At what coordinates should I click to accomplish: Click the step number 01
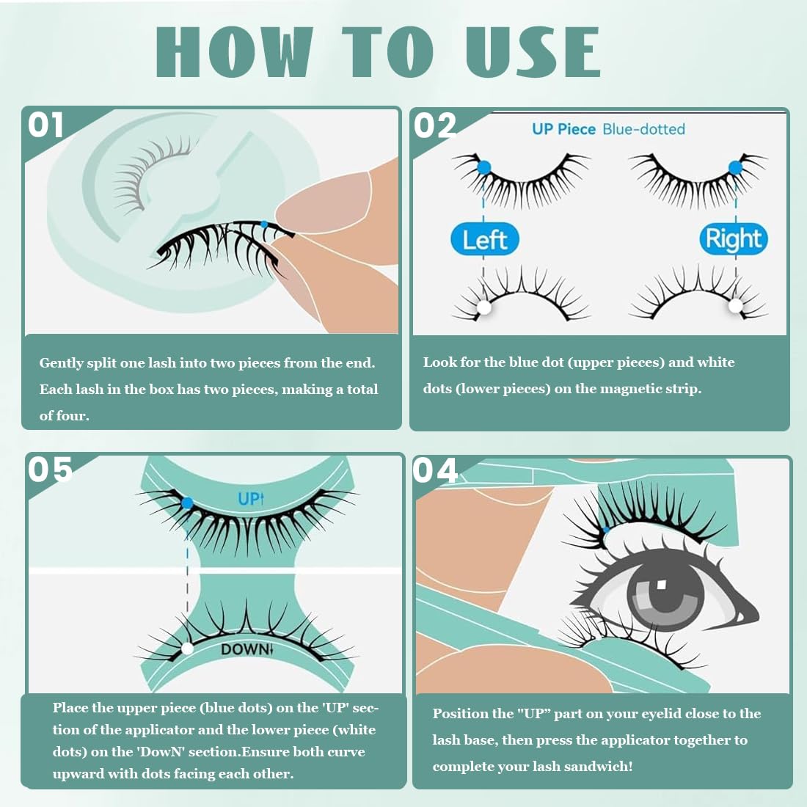pos(45,125)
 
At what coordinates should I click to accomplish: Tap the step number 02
pos(435,125)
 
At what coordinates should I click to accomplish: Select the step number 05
pos(50,470)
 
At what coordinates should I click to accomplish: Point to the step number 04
pos(435,470)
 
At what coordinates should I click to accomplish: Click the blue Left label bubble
pos(484,239)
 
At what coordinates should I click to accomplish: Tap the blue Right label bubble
pos(734,239)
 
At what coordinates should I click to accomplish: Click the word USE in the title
pos(533,53)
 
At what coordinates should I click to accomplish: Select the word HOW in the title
pos(235,53)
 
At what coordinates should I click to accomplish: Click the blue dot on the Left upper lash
pos(483,167)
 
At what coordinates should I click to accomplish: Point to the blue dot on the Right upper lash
pos(735,167)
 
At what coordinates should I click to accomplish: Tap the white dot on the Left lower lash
pos(483,307)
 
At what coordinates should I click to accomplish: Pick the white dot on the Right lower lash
pos(735,306)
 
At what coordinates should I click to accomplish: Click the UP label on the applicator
pos(251,498)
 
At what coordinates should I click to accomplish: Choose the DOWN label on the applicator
pos(247,649)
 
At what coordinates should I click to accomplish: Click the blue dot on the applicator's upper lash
pos(187,503)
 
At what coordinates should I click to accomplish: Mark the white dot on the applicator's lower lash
pos(187,649)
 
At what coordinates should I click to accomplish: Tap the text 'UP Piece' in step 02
pos(563,129)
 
